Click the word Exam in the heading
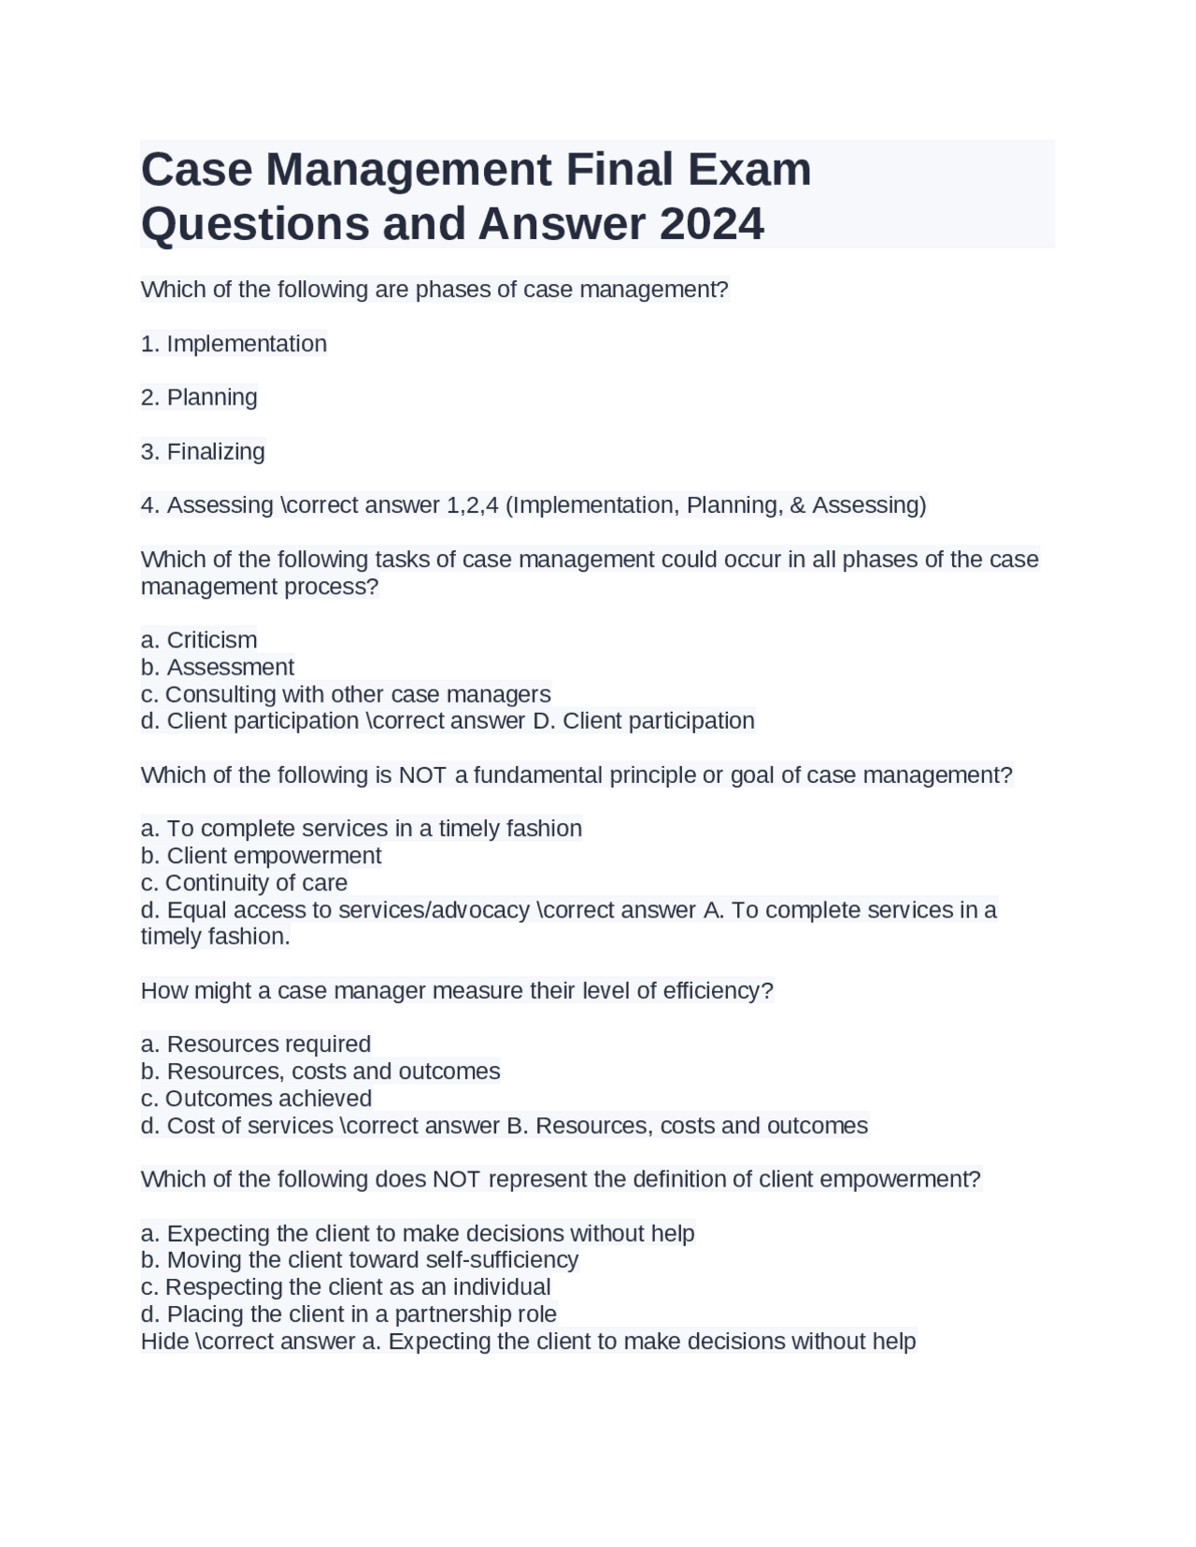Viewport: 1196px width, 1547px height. (749, 170)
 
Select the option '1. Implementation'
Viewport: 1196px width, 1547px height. (234, 344)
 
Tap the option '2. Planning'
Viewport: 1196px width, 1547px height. (199, 397)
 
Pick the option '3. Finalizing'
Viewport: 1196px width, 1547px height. (203, 451)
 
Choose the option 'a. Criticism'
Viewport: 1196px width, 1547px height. (199, 640)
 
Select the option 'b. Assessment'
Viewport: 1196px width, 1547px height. (218, 667)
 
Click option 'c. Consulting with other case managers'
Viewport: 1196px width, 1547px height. (346, 694)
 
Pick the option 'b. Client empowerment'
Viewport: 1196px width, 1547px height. (261, 856)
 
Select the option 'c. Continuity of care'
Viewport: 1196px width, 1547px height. (244, 883)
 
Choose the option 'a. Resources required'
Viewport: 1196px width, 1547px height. (255, 1043)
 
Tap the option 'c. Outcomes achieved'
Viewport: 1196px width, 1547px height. (256, 1098)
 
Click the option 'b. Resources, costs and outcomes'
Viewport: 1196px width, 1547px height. (320, 1071)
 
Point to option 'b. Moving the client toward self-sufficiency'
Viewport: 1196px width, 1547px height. (360, 1259)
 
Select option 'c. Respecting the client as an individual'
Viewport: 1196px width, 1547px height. (346, 1286)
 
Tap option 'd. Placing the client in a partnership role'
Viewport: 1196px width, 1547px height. (349, 1313)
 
